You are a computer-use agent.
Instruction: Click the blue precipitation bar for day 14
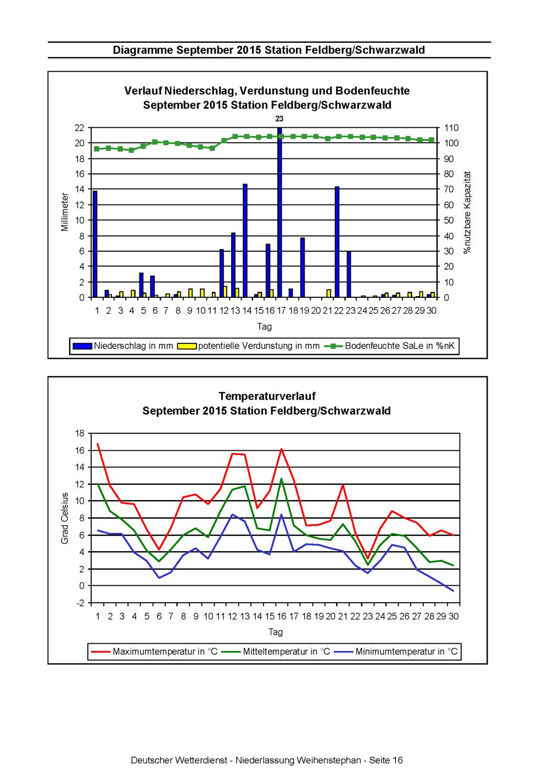point(245,240)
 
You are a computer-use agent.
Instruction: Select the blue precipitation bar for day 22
point(337,242)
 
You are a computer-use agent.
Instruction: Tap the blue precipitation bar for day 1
point(95,244)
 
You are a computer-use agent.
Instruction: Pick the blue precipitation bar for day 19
point(302,268)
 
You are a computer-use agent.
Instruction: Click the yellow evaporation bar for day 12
point(225,292)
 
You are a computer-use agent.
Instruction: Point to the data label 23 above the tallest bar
point(279,119)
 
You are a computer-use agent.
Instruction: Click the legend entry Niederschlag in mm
point(123,345)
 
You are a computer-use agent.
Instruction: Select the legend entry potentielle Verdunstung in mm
point(248,345)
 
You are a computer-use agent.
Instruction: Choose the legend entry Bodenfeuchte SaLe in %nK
point(389,345)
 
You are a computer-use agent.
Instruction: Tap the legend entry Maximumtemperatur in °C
point(154,652)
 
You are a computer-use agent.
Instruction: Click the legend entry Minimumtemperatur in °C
point(396,652)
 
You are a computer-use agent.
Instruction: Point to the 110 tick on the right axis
point(451,128)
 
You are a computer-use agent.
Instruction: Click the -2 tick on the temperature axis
point(80,603)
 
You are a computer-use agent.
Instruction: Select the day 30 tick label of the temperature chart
point(453,616)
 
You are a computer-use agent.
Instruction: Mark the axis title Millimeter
point(65,212)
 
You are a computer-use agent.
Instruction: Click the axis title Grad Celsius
point(65,518)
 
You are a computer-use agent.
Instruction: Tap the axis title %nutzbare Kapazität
point(468,212)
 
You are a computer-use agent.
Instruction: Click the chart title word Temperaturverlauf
point(267,396)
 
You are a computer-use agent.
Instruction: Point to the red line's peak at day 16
point(281,449)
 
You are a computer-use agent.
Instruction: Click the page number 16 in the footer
point(397,760)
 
